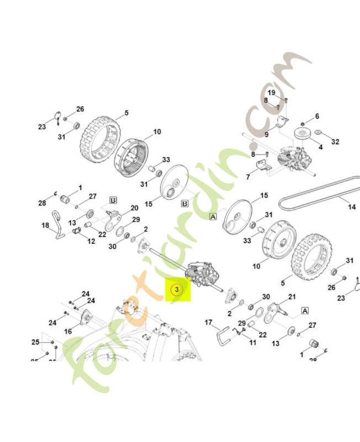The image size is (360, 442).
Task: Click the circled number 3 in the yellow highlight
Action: (x=176, y=290)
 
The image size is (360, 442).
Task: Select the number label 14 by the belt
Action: (x=351, y=208)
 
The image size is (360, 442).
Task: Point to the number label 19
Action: (x=272, y=92)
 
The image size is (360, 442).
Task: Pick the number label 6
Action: (x=317, y=117)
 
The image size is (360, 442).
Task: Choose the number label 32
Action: (x=335, y=142)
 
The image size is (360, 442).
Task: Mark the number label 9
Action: (x=266, y=134)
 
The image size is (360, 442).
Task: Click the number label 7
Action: (x=248, y=177)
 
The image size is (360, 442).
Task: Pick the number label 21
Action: (x=292, y=297)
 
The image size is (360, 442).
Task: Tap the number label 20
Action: (x=134, y=208)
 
